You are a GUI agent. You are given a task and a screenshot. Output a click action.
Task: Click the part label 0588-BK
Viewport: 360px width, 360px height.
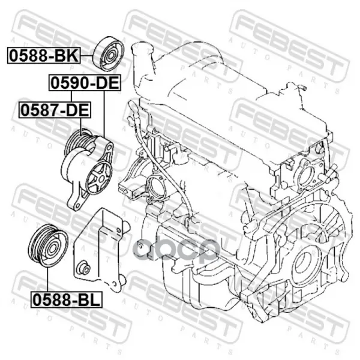tap(44, 55)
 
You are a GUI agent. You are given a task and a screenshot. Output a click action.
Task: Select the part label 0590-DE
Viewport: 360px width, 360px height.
tap(85, 83)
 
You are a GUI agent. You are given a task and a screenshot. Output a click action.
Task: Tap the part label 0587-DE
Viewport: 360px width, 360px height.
tap(55, 110)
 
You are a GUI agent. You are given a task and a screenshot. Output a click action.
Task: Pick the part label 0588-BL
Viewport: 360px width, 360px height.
tap(67, 299)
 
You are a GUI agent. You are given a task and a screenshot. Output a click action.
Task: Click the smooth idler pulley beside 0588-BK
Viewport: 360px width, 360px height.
tap(109, 54)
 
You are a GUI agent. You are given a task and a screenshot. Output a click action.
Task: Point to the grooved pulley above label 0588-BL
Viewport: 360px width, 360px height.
tap(48, 245)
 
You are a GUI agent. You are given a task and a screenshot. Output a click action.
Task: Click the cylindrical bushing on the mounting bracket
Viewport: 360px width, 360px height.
tap(84, 267)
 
